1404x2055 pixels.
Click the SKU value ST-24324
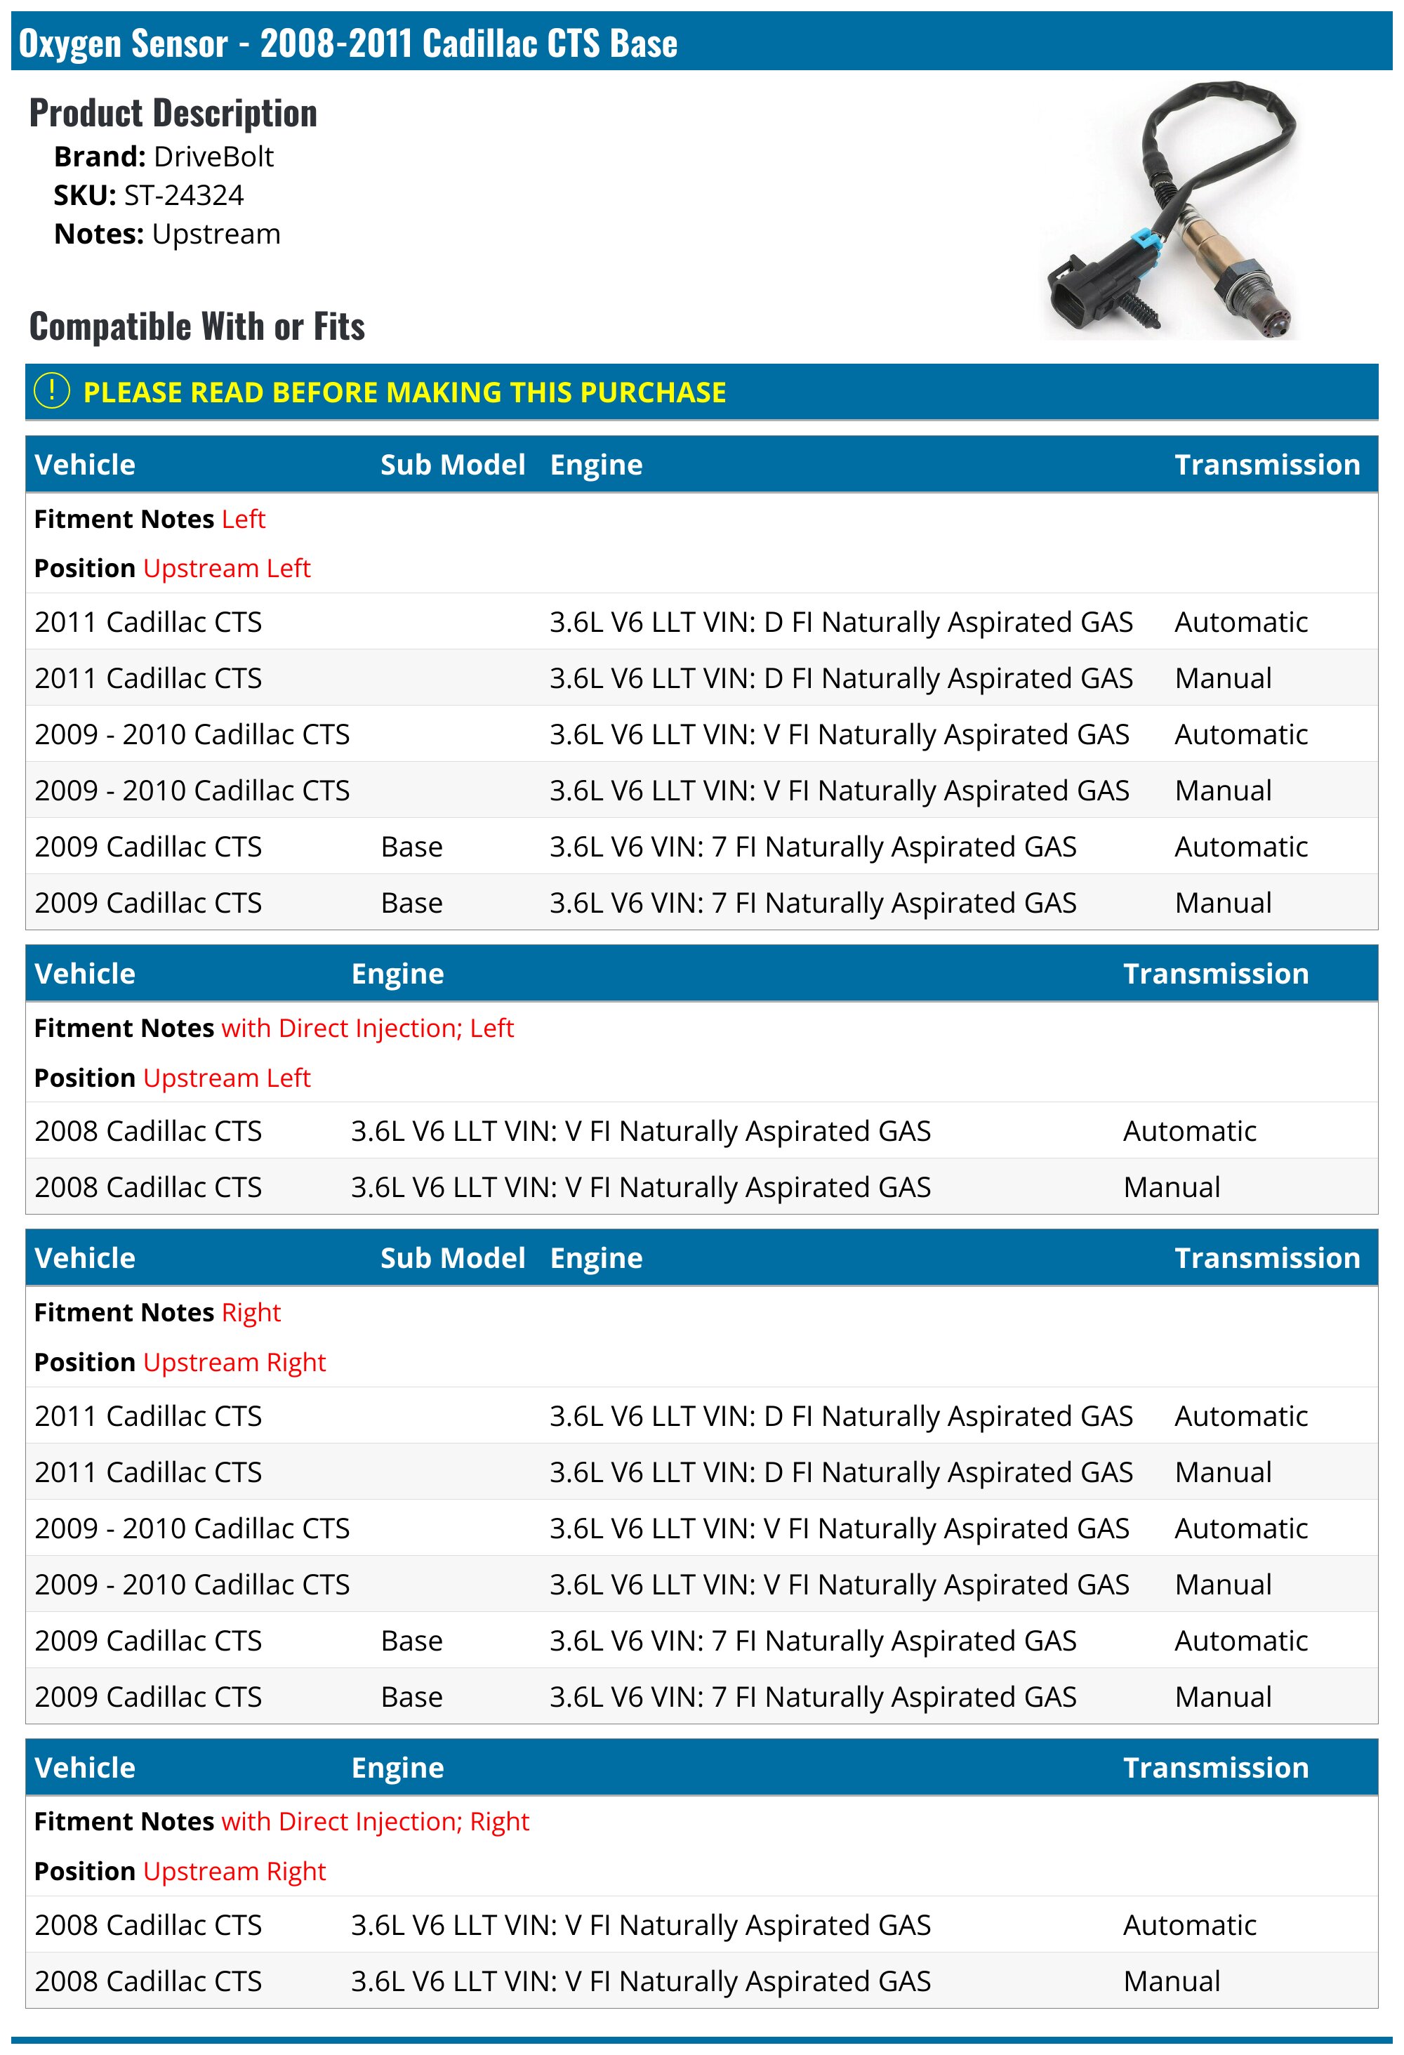pyautogui.click(x=183, y=195)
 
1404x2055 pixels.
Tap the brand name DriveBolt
pyautogui.click(x=213, y=157)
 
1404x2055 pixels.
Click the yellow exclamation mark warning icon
pyautogui.click(x=51, y=391)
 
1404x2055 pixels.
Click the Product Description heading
pyautogui.click(x=173, y=113)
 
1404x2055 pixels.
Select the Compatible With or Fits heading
pyautogui.click(x=197, y=326)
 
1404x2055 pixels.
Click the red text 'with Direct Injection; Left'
pyautogui.click(x=367, y=1029)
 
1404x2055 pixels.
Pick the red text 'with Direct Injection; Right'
pyautogui.click(x=375, y=1822)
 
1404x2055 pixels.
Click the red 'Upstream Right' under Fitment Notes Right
pyautogui.click(x=234, y=1362)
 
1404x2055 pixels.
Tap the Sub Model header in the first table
pyautogui.click(x=453, y=465)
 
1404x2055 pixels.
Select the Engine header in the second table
pyautogui.click(x=397, y=974)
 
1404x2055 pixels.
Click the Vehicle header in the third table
pyautogui.click(x=85, y=1257)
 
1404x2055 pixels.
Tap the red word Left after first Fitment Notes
pyautogui.click(x=243, y=519)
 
